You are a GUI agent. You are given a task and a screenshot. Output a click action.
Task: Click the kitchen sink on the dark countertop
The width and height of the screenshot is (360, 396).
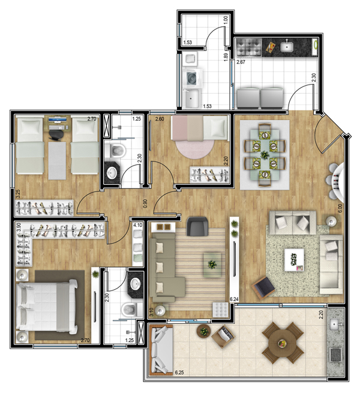[x=286, y=46]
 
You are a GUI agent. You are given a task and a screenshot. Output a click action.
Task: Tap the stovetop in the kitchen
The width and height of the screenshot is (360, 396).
[x=248, y=47]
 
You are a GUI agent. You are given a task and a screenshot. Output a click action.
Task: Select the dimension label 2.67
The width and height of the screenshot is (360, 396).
[x=241, y=62]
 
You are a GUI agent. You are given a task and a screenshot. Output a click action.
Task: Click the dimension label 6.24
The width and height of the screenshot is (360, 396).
[x=234, y=299]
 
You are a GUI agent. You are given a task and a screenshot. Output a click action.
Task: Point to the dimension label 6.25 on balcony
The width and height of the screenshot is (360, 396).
[x=179, y=373]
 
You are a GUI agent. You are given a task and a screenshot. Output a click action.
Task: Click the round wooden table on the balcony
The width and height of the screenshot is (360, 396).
[x=282, y=343]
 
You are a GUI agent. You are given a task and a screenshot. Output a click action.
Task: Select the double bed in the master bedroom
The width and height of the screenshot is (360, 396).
[x=47, y=307]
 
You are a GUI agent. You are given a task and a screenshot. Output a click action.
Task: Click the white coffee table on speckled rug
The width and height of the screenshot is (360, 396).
[x=294, y=260]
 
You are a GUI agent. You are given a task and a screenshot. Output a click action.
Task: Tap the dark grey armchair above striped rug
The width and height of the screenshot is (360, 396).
[x=197, y=226]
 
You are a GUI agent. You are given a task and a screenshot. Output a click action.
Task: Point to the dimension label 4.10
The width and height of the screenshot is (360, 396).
[x=137, y=225]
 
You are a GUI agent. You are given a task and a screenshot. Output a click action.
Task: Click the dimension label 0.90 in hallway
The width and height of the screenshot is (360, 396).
[x=145, y=203]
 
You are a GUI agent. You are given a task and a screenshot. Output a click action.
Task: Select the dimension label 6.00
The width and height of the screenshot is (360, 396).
[x=340, y=208]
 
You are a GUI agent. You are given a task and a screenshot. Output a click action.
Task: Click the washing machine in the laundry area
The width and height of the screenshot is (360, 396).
[x=192, y=79]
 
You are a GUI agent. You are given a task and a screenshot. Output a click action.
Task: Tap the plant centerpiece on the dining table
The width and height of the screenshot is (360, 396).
[x=265, y=154]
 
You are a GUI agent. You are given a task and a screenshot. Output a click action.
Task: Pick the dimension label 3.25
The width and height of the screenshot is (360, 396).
[x=17, y=194]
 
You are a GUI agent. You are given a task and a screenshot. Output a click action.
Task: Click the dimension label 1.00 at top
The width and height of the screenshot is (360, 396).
[x=226, y=20]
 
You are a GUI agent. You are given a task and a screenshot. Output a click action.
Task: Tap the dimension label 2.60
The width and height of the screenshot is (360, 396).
[x=160, y=119]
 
